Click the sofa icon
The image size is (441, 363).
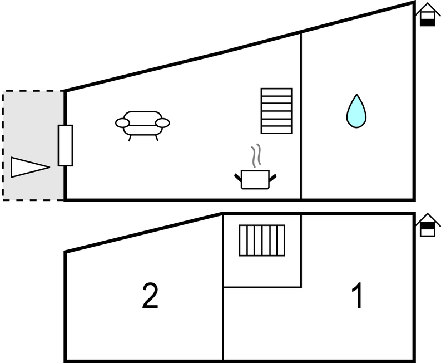coord(142,125)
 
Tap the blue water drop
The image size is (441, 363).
coord(356,111)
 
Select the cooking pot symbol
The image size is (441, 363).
coord(256,179)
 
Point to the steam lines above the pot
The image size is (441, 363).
coord(256,156)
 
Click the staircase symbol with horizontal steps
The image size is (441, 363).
coord(276,111)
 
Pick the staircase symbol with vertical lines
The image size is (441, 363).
coord(262,240)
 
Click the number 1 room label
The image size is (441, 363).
coord(359,296)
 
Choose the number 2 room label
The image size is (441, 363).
coord(150,296)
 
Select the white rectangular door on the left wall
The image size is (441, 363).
coord(65,145)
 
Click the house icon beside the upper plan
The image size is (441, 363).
coord(427,14)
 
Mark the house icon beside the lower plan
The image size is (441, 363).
coord(427,225)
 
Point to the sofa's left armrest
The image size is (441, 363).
coord(122,122)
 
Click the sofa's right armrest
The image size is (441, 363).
coord(162,122)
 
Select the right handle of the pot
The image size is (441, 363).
coord(272,178)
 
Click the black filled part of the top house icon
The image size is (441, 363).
coord(427,22)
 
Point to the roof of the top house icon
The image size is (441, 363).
coord(427,7)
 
